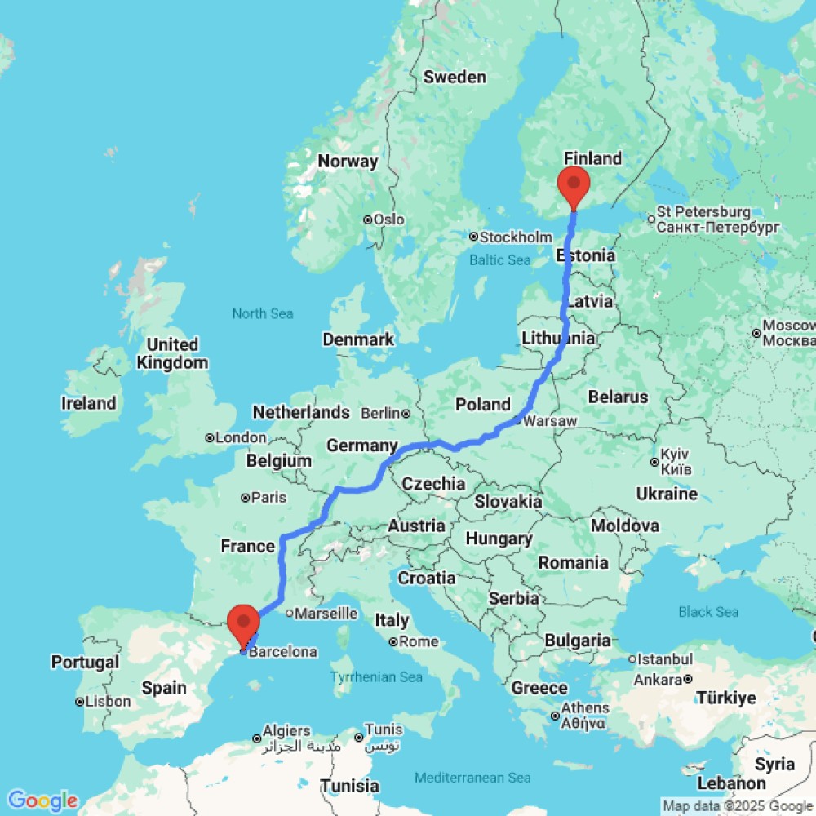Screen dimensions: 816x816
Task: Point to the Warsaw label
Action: [x=549, y=421]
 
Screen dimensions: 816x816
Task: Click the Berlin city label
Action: [x=382, y=414]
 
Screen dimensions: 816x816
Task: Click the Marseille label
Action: [x=326, y=613]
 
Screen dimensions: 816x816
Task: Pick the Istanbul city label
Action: [x=666, y=659]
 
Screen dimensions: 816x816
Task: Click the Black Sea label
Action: [x=709, y=611]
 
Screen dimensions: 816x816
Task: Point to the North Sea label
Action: [x=263, y=313]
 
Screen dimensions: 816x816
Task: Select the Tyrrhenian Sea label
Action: [x=377, y=676]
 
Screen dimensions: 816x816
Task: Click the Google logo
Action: [x=42, y=800]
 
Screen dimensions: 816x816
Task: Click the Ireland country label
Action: [x=88, y=403]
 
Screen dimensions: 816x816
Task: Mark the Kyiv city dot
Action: [x=655, y=462]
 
